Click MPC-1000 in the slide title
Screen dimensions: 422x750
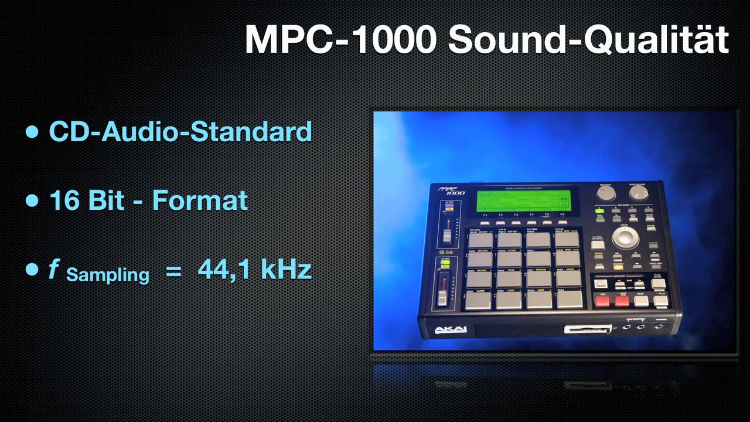coord(340,39)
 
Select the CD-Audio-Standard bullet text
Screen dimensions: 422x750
coord(180,131)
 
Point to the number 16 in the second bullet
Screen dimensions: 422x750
coord(64,200)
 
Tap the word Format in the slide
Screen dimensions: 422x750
coord(200,200)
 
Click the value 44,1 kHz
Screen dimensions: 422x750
coord(254,270)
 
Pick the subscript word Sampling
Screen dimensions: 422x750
coord(108,274)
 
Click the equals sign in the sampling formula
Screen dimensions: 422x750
coord(173,271)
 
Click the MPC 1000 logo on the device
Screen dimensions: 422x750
coord(449,190)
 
